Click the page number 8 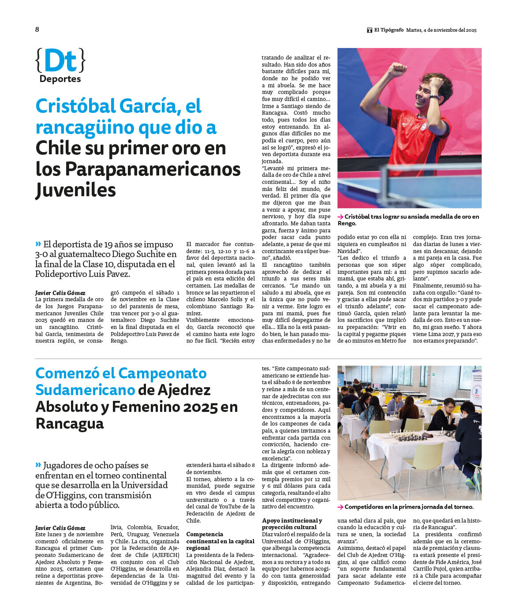[37, 30]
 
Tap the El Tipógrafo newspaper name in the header [388, 30]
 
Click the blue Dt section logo [60, 60]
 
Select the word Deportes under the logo [60, 79]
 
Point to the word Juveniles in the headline [75, 190]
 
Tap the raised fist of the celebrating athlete [397, 69]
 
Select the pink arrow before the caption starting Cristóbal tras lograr [340, 217]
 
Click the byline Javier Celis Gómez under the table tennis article [60, 293]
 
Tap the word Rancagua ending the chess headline [69, 423]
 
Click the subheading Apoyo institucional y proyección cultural [292, 524]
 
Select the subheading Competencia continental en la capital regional [220, 541]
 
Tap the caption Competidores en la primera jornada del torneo [409, 507]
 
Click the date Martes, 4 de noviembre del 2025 [441, 30]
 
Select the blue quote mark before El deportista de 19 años [38, 244]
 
